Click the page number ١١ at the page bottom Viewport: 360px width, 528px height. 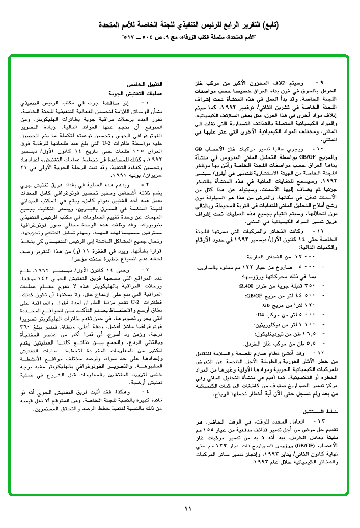(187, 508)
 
